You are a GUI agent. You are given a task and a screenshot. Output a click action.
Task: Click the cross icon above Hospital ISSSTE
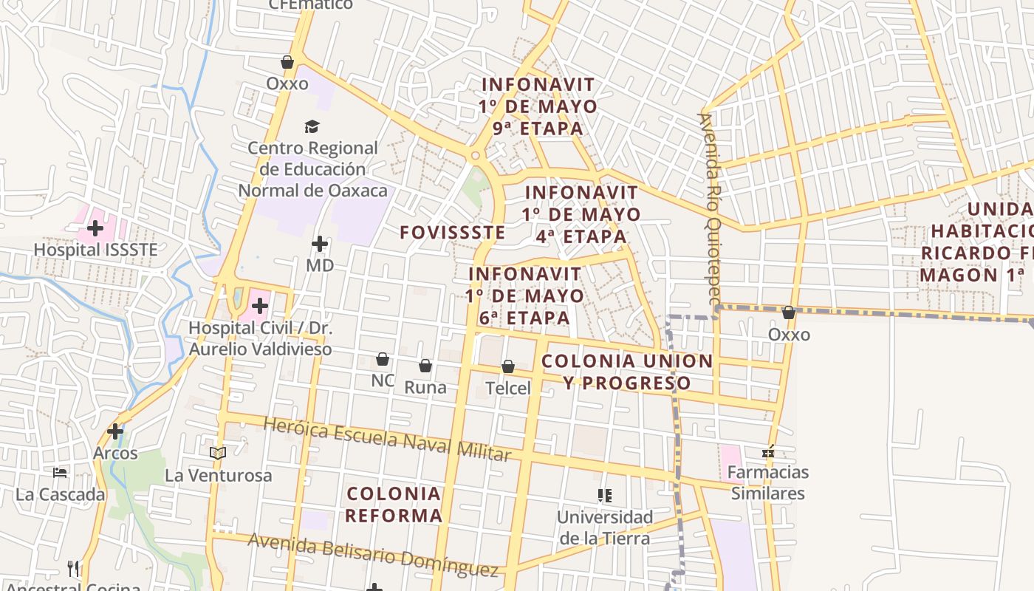95,228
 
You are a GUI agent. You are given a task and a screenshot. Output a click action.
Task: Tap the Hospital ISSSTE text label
96,250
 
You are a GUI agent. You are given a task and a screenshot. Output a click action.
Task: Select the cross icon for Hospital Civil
260,305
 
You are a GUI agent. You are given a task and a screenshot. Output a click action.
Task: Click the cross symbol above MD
320,244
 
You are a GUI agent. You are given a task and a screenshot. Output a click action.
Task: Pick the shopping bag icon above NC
383,360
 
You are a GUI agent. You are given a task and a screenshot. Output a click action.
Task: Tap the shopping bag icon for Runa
425,366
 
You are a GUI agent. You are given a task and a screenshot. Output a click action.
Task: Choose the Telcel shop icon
508,366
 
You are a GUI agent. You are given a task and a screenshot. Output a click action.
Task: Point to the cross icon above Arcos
115,431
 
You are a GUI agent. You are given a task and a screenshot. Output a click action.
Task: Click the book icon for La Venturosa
218,453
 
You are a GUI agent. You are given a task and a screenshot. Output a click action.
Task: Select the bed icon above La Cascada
60,472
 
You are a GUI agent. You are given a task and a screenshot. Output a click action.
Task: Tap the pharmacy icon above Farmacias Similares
768,451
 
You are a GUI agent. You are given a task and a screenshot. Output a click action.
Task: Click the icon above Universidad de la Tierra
605,495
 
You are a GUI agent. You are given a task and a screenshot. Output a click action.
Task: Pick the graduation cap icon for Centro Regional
312,126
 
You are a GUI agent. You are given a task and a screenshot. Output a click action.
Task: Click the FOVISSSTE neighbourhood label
453,233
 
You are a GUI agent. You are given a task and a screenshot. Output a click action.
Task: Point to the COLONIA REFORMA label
394,505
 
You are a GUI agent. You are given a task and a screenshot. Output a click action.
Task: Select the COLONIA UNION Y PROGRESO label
627,372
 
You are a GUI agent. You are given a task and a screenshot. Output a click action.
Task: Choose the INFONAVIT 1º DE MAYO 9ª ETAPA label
538,106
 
